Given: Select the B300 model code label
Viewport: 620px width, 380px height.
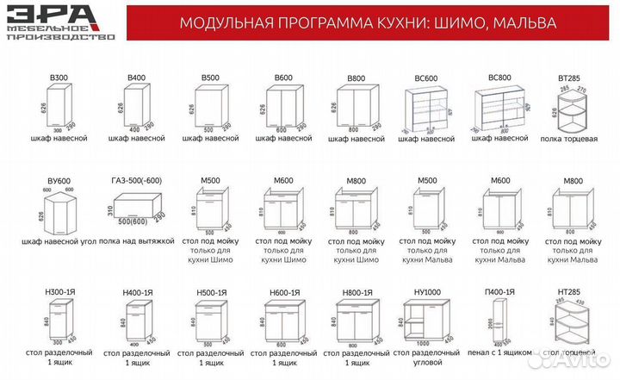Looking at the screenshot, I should click(59, 78).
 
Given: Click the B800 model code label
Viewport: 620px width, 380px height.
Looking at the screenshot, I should click(356, 78).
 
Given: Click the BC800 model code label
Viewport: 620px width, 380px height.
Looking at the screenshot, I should click(499, 78).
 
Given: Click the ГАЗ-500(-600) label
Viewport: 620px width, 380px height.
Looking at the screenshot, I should click(136, 180).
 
